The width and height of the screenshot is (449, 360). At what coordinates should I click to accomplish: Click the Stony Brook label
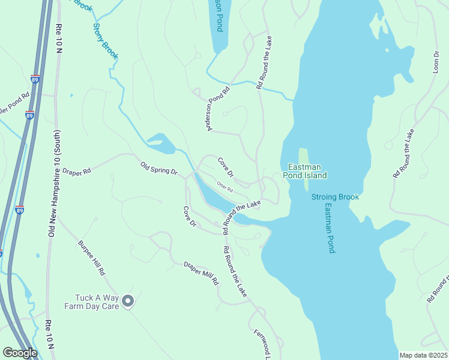[105, 41]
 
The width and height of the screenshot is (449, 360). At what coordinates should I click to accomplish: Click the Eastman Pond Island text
[307, 171]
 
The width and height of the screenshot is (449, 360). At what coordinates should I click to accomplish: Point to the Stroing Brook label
[334, 197]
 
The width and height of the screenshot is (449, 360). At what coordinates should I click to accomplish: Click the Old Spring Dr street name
[159, 168]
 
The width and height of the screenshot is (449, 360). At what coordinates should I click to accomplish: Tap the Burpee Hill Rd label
[91, 258]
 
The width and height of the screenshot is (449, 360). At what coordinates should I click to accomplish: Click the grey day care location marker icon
[127, 301]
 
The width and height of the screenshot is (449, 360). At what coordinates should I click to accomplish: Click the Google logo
[20, 353]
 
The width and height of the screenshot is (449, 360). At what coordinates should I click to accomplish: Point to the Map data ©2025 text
[423, 355]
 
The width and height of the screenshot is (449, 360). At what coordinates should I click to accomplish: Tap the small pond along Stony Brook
[160, 143]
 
